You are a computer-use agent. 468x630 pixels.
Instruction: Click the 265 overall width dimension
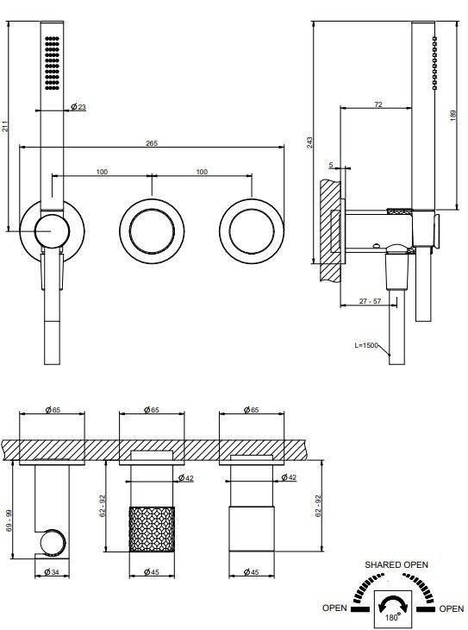point(152,143)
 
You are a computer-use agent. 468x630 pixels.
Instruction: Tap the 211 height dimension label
point(5,126)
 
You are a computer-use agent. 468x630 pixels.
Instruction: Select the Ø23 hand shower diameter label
point(78,107)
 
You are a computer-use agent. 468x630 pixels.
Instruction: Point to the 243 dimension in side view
point(310,142)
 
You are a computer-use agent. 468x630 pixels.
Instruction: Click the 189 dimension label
point(453,116)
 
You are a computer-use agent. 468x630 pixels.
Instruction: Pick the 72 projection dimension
point(378,104)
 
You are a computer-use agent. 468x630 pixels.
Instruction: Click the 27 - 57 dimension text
point(370,301)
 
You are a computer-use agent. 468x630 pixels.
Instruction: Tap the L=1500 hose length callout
point(366,345)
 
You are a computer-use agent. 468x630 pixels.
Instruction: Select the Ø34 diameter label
point(52,571)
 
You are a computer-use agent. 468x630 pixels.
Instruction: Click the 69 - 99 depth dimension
point(9,520)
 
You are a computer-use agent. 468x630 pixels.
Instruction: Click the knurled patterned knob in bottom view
point(152,529)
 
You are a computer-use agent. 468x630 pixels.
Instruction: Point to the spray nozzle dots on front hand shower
point(53,63)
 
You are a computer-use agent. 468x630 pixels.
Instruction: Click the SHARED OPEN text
point(396,564)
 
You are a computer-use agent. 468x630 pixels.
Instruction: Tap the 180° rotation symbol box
point(392,609)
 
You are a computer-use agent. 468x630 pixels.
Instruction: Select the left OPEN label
point(334,608)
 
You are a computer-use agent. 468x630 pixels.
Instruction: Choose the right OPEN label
point(452,608)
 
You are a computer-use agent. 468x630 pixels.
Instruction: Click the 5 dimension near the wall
point(331,165)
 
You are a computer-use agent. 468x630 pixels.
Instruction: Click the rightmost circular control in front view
point(252,231)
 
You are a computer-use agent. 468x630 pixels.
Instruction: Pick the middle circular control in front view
point(152,231)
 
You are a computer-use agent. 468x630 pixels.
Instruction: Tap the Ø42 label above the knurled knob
point(186,478)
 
